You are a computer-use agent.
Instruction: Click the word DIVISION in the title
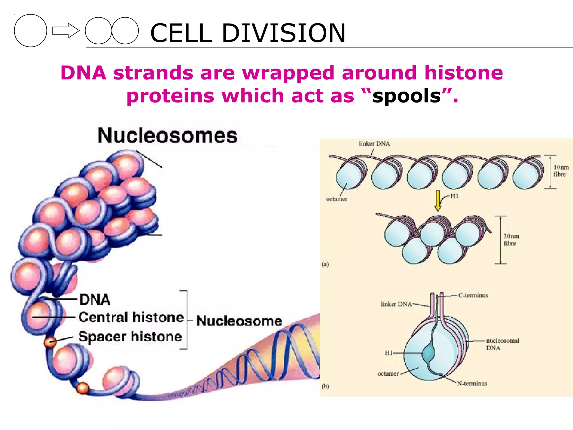(x=283, y=33)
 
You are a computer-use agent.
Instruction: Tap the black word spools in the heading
(x=407, y=96)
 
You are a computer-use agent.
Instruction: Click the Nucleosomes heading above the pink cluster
(x=167, y=135)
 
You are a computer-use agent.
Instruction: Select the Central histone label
(x=131, y=317)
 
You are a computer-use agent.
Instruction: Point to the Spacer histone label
(x=130, y=336)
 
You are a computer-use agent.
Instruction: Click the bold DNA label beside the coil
(x=95, y=300)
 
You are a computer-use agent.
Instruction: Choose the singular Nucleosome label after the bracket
(x=239, y=321)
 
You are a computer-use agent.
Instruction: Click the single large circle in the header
(x=30, y=31)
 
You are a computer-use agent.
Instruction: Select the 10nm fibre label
(x=561, y=171)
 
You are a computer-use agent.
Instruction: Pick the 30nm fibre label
(x=511, y=240)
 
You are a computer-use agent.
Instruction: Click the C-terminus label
(x=473, y=295)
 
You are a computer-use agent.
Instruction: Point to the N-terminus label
(x=472, y=384)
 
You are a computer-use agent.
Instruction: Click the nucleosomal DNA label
(x=502, y=344)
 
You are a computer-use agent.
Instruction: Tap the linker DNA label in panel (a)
(x=374, y=144)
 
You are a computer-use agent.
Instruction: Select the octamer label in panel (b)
(x=388, y=374)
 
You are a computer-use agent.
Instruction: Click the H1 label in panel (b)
(x=389, y=353)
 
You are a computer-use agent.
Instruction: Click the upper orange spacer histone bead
(x=50, y=342)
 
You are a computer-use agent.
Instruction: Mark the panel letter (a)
(x=325, y=264)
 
